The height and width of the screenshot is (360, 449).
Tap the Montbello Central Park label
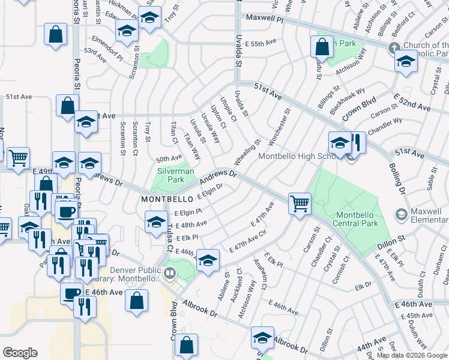click(x=357, y=219)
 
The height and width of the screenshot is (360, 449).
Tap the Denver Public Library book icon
click(x=170, y=274)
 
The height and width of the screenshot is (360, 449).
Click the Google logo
click(x=20, y=352)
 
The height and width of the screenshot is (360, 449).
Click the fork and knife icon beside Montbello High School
click(x=356, y=143)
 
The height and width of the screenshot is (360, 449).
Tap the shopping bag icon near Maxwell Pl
click(x=322, y=45)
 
